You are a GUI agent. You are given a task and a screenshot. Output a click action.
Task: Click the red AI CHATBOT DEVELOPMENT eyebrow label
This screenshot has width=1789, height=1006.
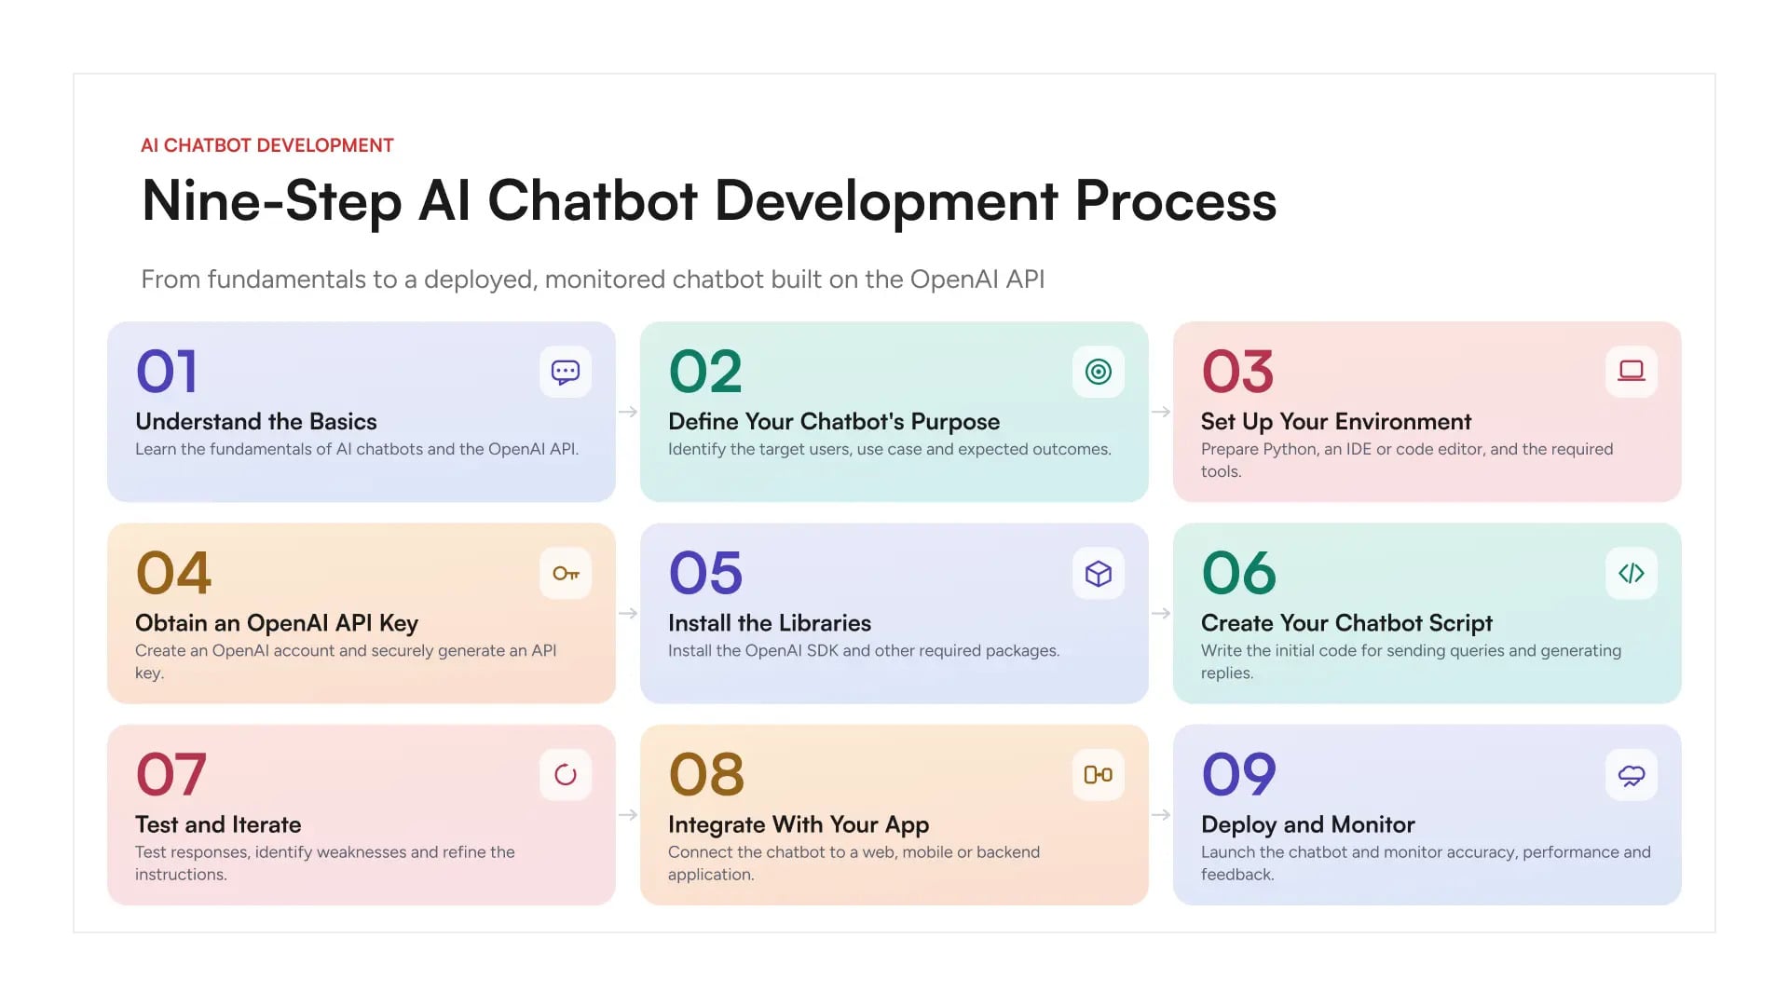pyautogui.click(x=267, y=145)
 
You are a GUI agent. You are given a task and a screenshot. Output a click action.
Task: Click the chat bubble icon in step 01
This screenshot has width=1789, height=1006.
pyautogui.click(x=566, y=373)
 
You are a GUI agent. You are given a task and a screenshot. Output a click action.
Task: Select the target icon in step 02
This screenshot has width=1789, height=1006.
pyautogui.click(x=1099, y=373)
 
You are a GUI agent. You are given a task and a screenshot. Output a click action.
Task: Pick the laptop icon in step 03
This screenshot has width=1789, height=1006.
pyautogui.click(x=1632, y=372)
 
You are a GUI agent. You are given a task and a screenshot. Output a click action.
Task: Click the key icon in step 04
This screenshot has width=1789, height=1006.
pyautogui.click(x=566, y=574)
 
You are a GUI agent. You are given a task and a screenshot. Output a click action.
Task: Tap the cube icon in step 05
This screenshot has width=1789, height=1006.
pyautogui.click(x=1099, y=574)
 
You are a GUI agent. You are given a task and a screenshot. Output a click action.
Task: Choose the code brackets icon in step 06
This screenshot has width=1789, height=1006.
pyautogui.click(x=1632, y=574)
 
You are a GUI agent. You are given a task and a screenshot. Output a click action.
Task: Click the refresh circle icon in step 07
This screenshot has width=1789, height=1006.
pyautogui.click(x=566, y=775)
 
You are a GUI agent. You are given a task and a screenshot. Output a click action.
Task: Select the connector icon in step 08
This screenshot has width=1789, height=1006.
pyautogui.click(x=1099, y=775)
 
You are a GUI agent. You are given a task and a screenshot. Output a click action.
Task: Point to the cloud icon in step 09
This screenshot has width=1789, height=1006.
pyautogui.click(x=1632, y=776)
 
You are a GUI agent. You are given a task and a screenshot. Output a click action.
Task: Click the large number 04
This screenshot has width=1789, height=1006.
pyautogui.click(x=173, y=573)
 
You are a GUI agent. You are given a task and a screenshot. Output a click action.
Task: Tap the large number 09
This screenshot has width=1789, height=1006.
pyautogui.click(x=1239, y=774)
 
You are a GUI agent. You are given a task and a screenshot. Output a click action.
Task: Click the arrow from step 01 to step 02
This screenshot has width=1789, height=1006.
pyautogui.click(x=628, y=412)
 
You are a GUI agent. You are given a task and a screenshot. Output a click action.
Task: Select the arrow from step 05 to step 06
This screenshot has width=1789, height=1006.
pyautogui.click(x=1161, y=613)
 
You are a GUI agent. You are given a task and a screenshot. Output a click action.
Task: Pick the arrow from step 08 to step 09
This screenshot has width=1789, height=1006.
pyautogui.click(x=1161, y=815)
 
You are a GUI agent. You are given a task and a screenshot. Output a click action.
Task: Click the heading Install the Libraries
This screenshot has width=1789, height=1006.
pyautogui.click(x=770, y=623)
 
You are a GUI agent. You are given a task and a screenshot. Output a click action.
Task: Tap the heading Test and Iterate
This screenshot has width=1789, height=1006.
pyautogui.click(x=218, y=824)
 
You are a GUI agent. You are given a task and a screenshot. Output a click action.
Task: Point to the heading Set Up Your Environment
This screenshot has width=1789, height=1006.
pyautogui.click(x=1336, y=422)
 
